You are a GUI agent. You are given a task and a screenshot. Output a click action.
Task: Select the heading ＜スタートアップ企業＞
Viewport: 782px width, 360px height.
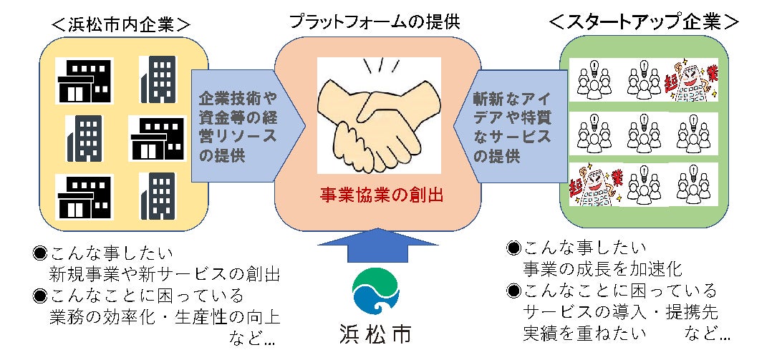coord(644,23)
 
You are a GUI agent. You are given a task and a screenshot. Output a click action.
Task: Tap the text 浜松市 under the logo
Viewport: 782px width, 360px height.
coord(376,335)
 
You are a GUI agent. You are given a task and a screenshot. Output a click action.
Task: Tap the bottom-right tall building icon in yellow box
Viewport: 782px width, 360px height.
coord(157,195)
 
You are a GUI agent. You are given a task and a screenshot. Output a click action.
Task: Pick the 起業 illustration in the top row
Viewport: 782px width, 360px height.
coord(690,80)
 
